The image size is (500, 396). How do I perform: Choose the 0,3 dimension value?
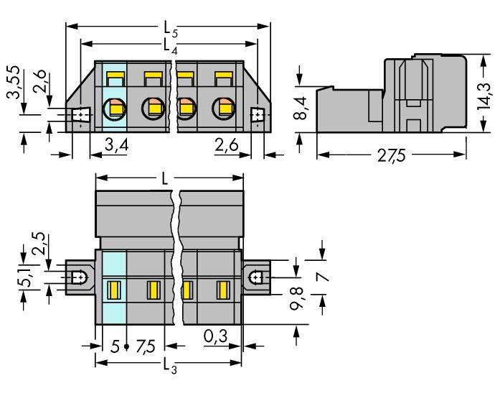click(213, 336)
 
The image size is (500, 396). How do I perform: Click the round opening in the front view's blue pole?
click(114, 109)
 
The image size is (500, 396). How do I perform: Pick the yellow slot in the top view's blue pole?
click(114, 290)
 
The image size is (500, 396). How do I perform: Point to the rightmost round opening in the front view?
click(224, 109)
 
